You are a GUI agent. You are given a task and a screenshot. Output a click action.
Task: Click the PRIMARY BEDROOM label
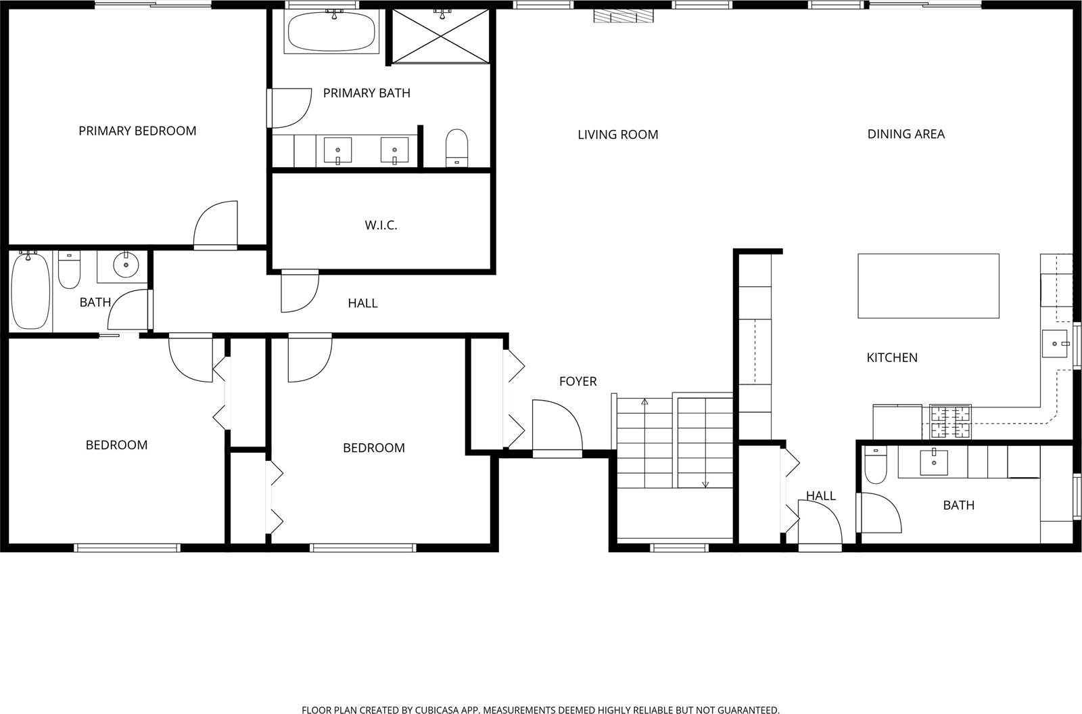coord(137,131)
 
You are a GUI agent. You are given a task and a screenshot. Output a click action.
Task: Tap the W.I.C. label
coord(381,225)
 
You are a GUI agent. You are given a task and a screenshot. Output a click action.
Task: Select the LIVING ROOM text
coord(618,135)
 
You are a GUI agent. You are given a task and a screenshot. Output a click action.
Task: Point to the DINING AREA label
coord(905,134)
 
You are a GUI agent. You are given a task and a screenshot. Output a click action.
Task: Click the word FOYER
coord(578,382)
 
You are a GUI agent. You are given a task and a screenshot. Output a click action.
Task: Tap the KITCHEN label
coord(892,358)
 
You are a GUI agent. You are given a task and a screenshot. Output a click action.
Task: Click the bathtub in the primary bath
coord(331,31)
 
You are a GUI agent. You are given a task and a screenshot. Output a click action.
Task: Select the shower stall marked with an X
coord(440,36)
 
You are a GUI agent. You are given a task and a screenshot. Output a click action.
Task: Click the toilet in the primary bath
coord(456,148)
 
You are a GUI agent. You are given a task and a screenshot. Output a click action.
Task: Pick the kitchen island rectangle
coord(928,286)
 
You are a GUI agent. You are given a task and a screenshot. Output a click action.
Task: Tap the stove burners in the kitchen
coord(950,422)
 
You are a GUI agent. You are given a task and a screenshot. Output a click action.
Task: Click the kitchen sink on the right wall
coord(1054,344)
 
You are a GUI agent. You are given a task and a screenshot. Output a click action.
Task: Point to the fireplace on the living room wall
coord(623,16)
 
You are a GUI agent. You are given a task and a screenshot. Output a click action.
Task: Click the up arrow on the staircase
coord(644,402)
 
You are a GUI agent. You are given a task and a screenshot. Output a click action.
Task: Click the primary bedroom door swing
coord(216,225)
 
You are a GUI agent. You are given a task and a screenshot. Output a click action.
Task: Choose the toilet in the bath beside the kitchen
coord(875,464)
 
